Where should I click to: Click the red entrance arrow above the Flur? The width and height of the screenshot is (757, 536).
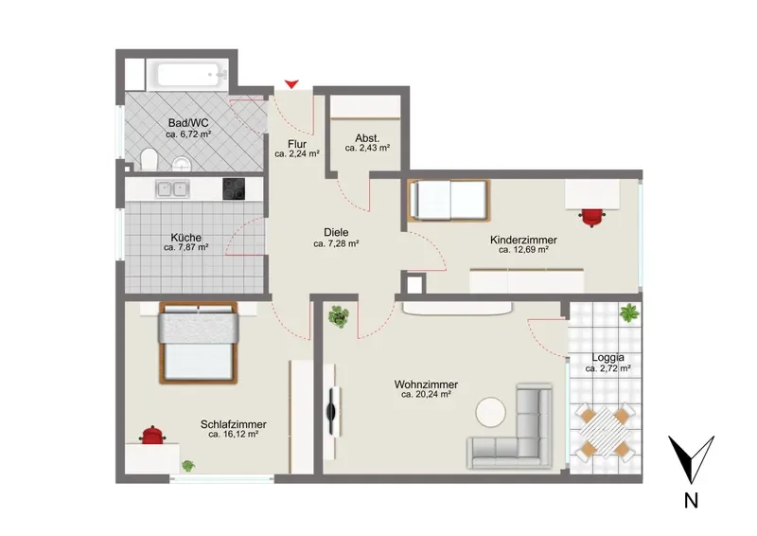(x=291, y=84)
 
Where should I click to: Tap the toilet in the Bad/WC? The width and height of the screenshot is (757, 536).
(x=150, y=159)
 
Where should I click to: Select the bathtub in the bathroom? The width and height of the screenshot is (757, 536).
(x=192, y=76)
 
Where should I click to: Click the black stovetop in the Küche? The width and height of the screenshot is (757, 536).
(x=234, y=189)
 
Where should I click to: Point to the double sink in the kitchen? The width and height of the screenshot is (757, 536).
(x=172, y=188)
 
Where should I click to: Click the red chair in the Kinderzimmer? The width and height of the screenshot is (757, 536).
(x=592, y=217)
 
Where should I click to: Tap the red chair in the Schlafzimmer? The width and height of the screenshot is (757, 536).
(x=152, y=435)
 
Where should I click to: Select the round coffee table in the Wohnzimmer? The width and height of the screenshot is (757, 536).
(x=491, y=412)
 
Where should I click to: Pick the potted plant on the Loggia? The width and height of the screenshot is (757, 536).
(x=628, y=313)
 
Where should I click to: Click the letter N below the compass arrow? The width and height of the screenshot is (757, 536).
(x=691, y=500)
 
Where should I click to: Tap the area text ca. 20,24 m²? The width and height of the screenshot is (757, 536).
(x=426, y=394)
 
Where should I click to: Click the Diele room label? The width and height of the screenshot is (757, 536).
(x=336, y=232)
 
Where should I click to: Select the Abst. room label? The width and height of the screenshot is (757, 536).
(x=367, y=138)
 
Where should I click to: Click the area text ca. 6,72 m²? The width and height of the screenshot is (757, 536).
(x=188, y=134)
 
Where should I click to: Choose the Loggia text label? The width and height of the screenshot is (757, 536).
(x=607, y=358)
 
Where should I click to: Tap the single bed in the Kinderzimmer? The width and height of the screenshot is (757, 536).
(x=449, y=200)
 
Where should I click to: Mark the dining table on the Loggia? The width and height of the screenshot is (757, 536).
(x=604, y=432)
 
